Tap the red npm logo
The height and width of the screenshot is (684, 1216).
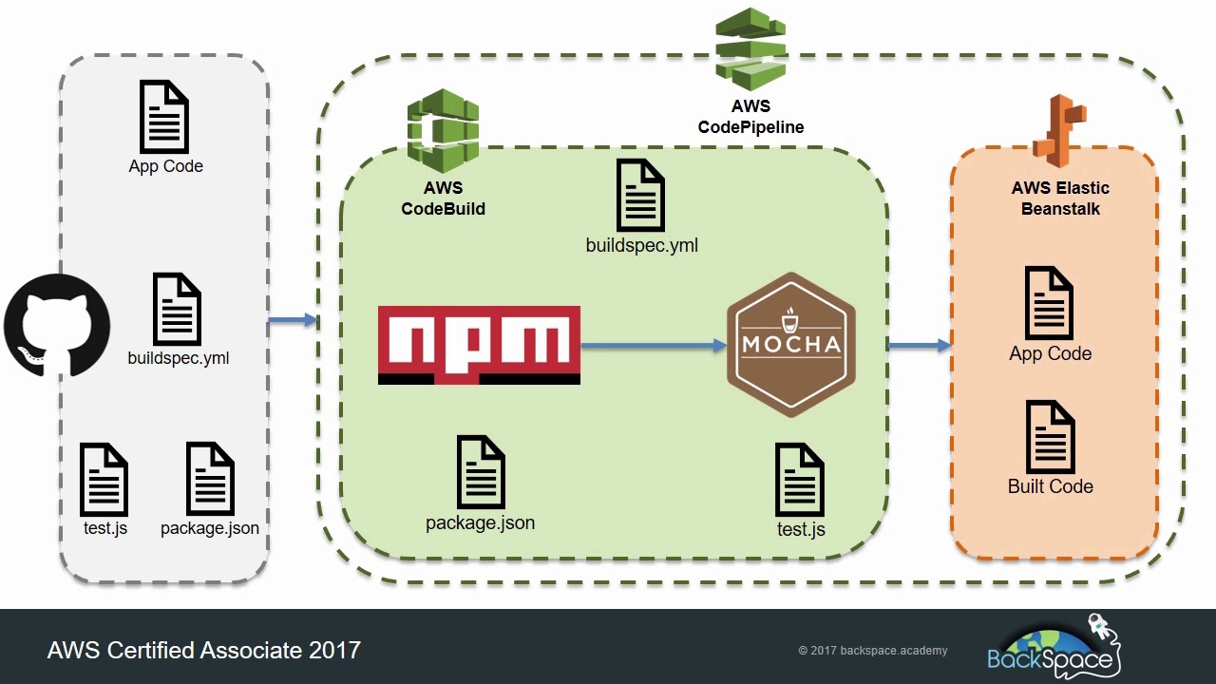point(479,345)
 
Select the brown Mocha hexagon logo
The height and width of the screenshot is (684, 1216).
point(791,344)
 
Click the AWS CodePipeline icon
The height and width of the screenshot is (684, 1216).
point(750,47)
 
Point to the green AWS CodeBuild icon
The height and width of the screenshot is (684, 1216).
point(443,130)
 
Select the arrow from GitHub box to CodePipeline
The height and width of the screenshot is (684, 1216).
point(292,321)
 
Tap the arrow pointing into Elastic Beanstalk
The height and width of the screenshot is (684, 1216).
point(920,346)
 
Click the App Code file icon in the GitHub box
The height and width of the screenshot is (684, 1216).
point(164,116)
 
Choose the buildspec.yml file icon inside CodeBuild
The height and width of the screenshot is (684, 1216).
point(640,195)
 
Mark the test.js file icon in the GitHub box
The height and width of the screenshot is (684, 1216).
point(104,479)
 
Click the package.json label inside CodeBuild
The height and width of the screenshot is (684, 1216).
point(480,523)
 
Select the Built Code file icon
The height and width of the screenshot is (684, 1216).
point(1050,436)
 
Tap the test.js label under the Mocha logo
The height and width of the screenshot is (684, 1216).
point(801,529)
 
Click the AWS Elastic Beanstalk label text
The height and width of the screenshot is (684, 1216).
point(1060,199)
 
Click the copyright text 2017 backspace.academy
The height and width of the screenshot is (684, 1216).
point(872,651)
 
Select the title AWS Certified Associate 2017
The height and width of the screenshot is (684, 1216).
point(204,651)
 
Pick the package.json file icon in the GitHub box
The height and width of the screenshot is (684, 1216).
point(210,479)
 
